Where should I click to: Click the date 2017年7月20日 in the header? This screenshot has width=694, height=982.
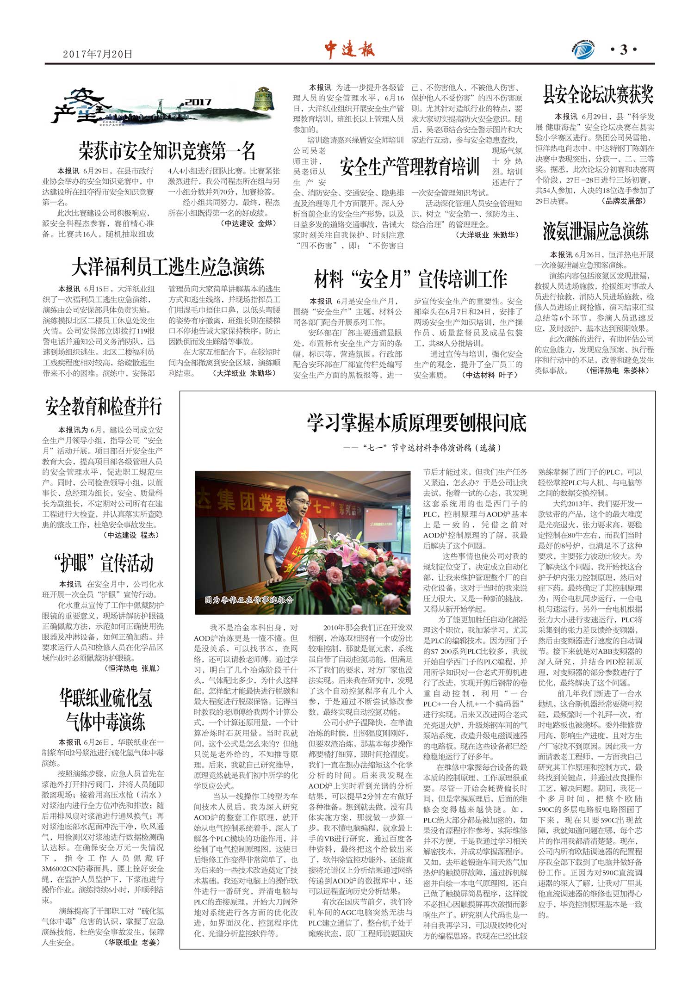98,54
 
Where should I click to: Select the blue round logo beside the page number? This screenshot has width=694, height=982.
584,50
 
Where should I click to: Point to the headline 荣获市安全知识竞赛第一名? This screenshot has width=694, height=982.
167,151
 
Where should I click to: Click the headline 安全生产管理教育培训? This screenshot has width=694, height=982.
409,167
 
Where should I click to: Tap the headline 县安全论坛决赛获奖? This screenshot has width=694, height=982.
598,95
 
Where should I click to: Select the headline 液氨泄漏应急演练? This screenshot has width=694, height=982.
596,231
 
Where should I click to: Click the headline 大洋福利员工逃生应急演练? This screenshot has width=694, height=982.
168,267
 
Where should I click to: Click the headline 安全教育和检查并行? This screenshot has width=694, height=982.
104,407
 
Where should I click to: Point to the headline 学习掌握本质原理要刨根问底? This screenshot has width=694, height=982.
417,423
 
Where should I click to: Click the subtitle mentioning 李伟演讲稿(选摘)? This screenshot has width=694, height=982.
422,448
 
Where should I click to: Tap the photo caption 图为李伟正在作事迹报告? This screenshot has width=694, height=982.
249,600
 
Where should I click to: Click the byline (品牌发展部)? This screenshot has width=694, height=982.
624,201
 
